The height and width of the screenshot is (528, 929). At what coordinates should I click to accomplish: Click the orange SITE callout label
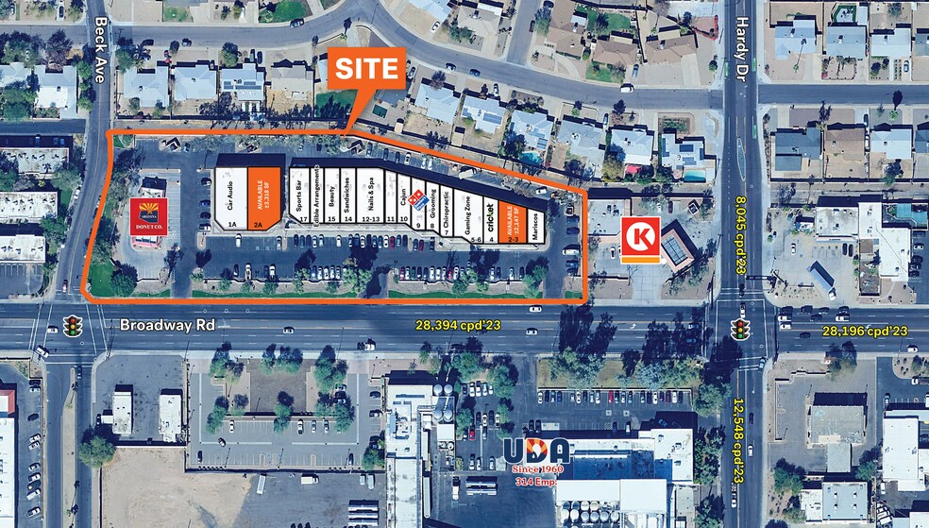(366, 68)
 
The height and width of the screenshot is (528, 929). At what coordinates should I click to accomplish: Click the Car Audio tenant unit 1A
(231, 198)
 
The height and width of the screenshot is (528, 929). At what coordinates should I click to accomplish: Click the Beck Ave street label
(99, 49)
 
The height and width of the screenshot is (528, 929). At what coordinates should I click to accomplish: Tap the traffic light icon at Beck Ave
(71, 327)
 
